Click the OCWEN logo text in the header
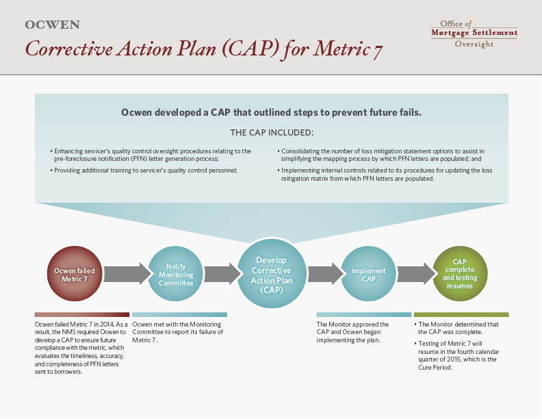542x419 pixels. (53, 25)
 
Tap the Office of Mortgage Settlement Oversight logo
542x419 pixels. (474, 34)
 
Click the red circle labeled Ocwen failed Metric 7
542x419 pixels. (75, 274)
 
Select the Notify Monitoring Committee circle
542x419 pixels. (176, 274)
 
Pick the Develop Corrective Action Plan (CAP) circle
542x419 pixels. (272, 274)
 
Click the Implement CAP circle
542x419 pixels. (368, 274)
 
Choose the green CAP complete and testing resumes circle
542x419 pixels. (460, 274)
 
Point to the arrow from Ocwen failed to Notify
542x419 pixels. (127, 274)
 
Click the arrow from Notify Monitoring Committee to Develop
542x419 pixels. (222, 274)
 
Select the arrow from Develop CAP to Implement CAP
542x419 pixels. (326, 274)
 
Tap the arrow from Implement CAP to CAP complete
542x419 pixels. (416, 274)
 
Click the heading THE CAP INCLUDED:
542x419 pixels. (272, 133)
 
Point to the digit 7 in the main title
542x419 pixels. (378, 51)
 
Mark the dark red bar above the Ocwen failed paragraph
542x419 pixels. (82, 315)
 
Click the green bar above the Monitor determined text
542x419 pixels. (461, 315)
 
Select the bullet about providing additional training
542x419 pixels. (144, 170)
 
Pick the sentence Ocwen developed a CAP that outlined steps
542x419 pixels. (272, 113)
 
